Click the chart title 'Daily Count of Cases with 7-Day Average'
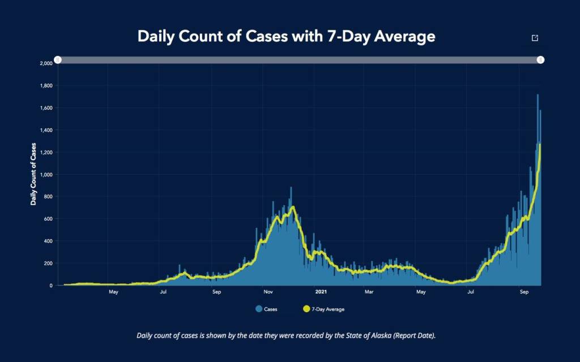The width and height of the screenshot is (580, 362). click(287, 37)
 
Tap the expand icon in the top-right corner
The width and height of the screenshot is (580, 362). click(535, 38)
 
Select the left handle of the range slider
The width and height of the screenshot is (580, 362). click(58, 59)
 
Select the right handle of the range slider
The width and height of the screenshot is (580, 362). click(541, 59)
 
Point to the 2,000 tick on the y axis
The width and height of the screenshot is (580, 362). click(46, 63)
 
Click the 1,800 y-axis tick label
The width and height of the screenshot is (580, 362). click(46, 86)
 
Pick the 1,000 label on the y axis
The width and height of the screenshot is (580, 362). click(46, 175)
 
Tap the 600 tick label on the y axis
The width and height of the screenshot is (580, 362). click(48, 219)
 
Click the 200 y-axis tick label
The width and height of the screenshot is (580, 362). click(48, 264)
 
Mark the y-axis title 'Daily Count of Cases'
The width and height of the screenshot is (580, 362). click(33, 174)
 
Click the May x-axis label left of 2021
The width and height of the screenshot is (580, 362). click(113, 292)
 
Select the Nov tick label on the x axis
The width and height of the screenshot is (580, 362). click(268, 292)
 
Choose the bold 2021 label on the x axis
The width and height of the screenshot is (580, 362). click(321, 292)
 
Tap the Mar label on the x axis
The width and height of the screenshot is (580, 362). click(369, 292)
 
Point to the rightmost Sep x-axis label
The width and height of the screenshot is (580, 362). click(524, 292)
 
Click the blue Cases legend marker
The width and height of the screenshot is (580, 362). click(259, 309)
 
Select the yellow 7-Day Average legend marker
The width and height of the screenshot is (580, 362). click(308, 309)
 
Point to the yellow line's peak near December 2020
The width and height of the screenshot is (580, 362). click(293, 207)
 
